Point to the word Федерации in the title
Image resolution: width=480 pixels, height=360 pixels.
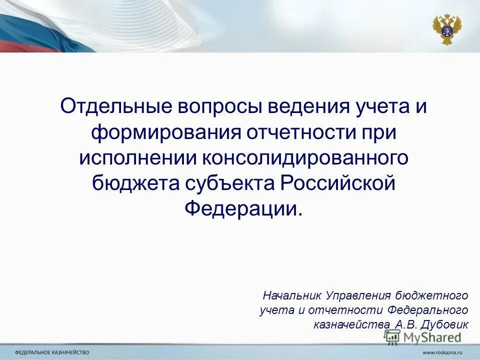[242, 207]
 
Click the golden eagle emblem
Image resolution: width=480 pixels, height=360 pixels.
[447, 29]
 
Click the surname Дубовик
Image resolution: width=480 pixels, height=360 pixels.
[444, 323]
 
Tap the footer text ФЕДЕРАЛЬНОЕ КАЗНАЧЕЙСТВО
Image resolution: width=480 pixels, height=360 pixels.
[52, 352]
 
